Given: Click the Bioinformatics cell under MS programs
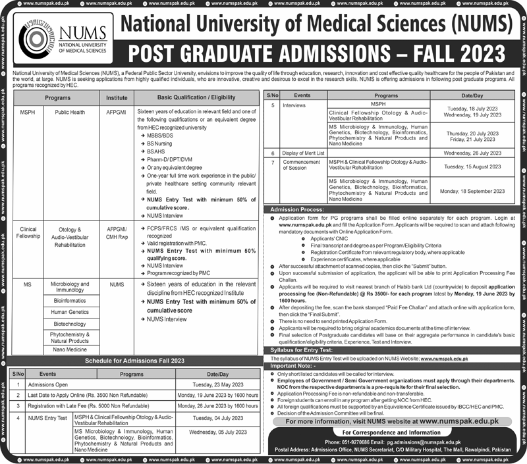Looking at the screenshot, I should (x=69, y=299).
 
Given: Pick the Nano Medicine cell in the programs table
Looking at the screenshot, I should (x=69, y=350).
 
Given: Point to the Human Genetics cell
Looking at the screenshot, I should (x=69, y=311).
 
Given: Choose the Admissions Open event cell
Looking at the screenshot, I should (x=49, y=384).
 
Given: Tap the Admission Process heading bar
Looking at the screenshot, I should (x=296, y=209).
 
